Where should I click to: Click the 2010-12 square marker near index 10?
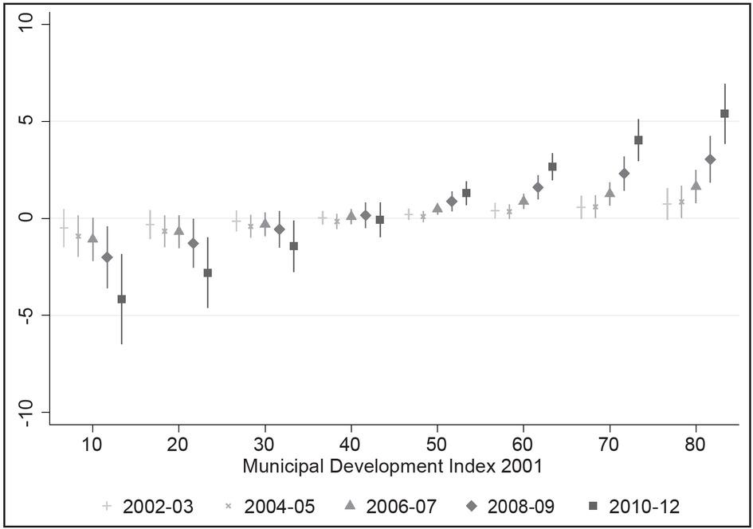tap(121, 299)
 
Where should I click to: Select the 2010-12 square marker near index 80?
tap(724, 114)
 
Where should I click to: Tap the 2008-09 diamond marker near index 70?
tap(624, 174)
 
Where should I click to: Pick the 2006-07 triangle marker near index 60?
tap(524, 200)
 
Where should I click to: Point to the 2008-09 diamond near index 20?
tap(193, 243)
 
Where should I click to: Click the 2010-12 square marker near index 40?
tap(380, 220)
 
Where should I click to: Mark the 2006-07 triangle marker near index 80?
tap(696, 186)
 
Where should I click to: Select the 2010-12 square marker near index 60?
tap(552, 167)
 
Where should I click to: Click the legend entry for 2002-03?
tap(148, 507)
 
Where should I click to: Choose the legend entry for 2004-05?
tap(270, 507)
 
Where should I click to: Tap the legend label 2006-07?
tap(402, 507)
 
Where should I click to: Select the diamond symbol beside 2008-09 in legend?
tap(472, 506)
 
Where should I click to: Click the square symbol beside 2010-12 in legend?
tap(594, 506)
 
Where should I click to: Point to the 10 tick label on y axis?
tap(26, 24)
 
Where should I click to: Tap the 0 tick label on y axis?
tap(26, 218)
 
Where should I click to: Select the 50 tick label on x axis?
tap(437, 445)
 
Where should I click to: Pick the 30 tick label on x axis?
tap(265, 445)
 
